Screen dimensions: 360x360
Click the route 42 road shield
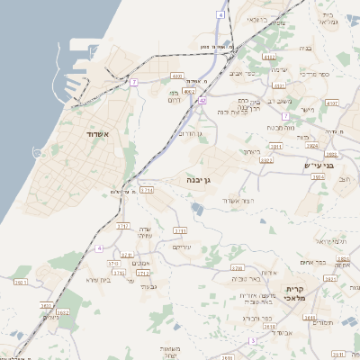click(202, 101)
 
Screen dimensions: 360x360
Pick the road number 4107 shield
click(332, 103)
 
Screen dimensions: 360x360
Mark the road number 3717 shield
click(123, 226)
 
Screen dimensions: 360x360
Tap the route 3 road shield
click(254, 341)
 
